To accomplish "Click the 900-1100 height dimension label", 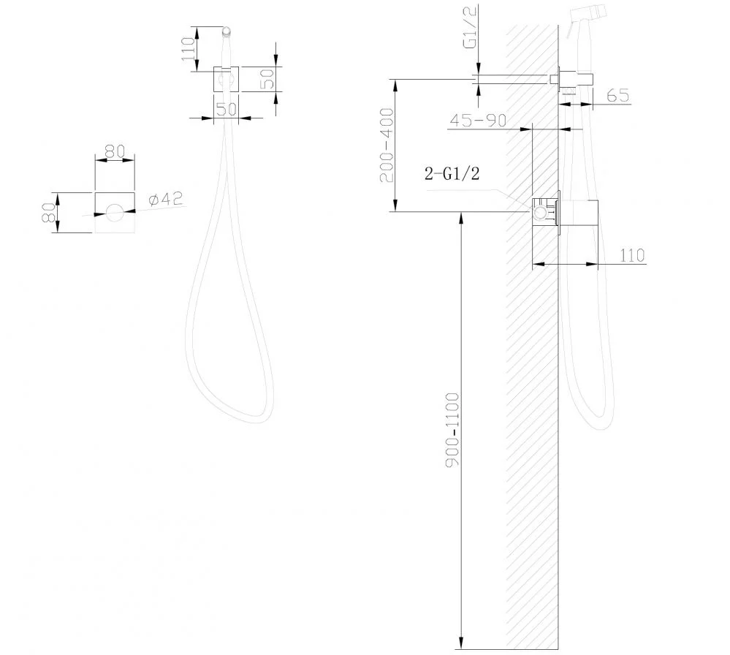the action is click(452, 429).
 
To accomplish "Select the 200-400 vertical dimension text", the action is click(387, 145).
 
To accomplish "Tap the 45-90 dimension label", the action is click(478, 120).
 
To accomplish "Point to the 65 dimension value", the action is click(618, 95).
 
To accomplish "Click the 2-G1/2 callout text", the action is click(452, 174).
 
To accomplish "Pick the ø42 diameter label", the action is click(165, 199).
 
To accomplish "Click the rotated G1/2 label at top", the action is click(470, 27).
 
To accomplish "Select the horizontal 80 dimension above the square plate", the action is click(115, 151).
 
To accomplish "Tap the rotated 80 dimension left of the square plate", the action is click(49, 212).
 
